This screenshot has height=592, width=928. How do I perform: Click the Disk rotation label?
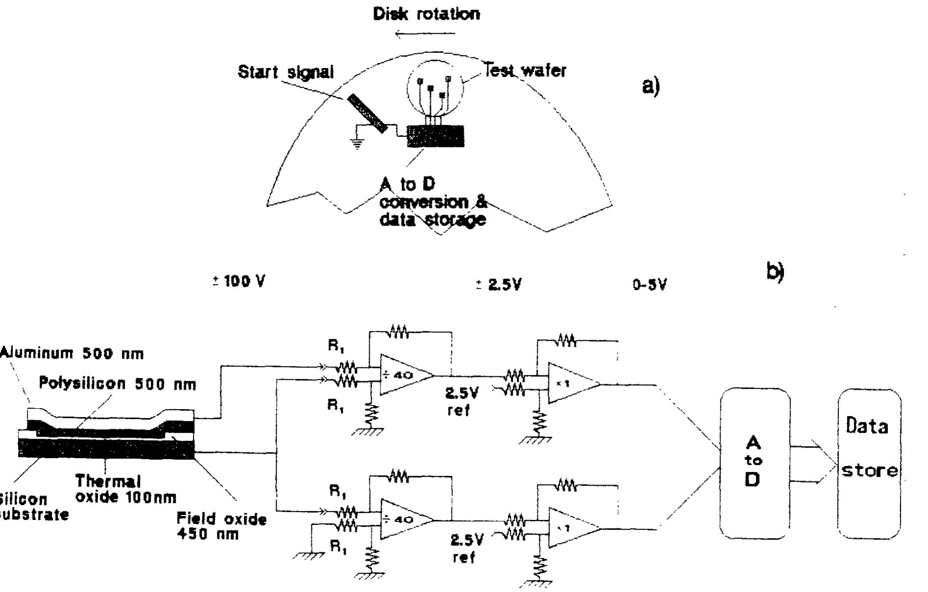coord(426,14)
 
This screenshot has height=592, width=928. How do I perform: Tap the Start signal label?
coord(286,72)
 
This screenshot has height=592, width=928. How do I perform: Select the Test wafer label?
coord(524,71)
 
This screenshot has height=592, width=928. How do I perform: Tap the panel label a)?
coord(651,86)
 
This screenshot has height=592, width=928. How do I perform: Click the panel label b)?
coord(775,272)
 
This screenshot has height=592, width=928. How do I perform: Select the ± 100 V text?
coord(239,282)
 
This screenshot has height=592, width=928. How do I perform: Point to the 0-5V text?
coord(649,285)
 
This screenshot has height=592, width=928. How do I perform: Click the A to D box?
coord(754,463)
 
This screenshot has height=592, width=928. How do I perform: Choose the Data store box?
coord(869,463)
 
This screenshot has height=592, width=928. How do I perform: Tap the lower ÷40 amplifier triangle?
coord(405,519)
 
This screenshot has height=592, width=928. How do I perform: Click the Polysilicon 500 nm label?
coord(118,384)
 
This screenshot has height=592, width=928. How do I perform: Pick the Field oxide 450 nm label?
coord(221,525)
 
